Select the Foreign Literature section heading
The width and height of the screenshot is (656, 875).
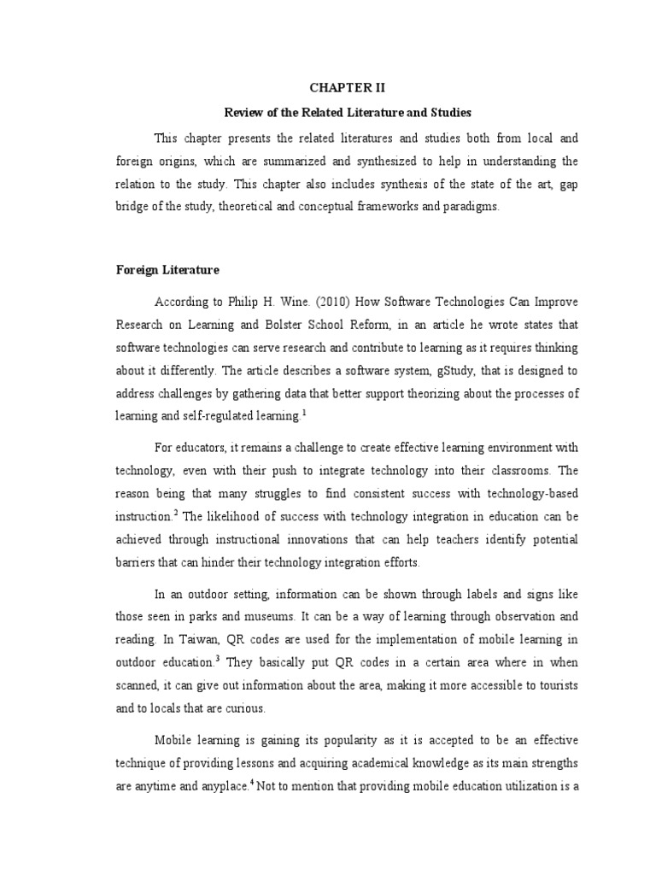click(x=167, y=270)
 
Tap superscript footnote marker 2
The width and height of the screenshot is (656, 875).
click(x=175, y=488)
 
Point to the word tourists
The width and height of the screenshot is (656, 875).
click(x=530, y=684)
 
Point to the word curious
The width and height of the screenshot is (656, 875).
click(x=243, y=708)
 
